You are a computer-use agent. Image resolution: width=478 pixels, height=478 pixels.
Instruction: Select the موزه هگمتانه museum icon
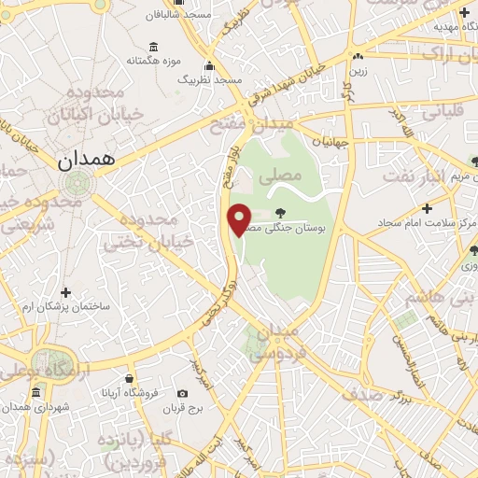153,47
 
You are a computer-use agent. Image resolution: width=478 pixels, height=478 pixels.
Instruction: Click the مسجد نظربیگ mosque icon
210,65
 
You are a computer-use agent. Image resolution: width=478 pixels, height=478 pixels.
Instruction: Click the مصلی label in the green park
285,175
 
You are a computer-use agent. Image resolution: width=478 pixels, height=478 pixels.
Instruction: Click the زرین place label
384,72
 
